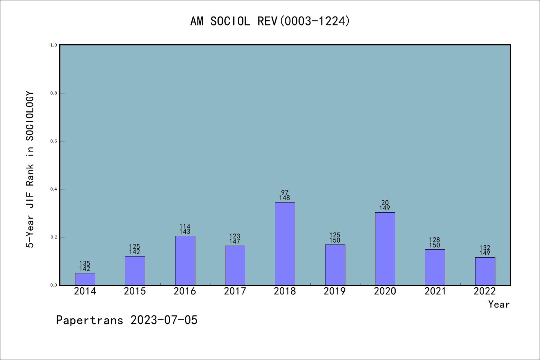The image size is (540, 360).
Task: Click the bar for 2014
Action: click(85, 279)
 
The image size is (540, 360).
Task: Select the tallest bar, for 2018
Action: click(285, 244)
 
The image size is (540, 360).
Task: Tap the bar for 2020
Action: click(385, 249)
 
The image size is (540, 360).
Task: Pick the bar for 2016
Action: click(185, 261)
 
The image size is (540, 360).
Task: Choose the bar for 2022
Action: click(485, 271)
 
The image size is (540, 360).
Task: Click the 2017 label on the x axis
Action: click(235, 291)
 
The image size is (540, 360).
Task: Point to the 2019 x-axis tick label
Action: click(334, 291)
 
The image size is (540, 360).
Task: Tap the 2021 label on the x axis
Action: click(435, 291)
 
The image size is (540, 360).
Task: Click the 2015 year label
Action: click(135, 291)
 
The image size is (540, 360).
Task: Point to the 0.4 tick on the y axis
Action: click(54, 189)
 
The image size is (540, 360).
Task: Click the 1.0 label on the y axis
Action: click(54, 45)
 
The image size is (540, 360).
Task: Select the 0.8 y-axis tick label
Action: click(54, 93)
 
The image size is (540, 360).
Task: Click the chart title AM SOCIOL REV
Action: click(270, 21)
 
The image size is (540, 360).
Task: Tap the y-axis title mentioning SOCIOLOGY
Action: click(30, 169)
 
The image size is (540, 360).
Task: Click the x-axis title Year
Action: click(499, 304)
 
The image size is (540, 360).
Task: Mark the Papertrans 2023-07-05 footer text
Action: click(127, 320)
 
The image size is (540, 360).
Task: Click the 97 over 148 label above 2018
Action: click(285, 195)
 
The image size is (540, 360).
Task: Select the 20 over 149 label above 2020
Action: click(385, 205)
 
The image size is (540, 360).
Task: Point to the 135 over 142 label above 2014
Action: click(85, 266)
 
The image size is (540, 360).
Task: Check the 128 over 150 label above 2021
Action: click(435, 243)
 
